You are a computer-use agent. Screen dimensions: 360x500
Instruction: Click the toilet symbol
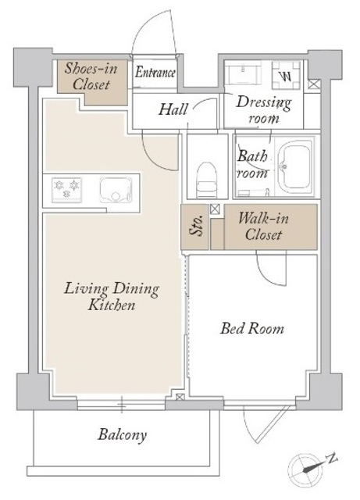pos(207,180)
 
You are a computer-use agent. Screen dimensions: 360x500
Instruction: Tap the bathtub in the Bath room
pos(294,165)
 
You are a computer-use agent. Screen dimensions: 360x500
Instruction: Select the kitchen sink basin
pos(116,190)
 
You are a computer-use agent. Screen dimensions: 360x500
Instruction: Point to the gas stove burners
pos(66,190)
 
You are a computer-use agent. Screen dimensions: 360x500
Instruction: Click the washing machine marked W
pos(286,75)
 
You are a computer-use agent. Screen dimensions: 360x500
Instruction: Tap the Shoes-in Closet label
pos(91,77)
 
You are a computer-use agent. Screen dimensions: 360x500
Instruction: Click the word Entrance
pos(155,73)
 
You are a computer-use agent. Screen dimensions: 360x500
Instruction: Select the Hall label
pos(173,109)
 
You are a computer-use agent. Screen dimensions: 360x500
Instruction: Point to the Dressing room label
pos(264,109)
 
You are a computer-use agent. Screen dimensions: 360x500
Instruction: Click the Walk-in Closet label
pos(263,227)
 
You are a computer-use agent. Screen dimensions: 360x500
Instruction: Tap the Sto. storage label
pos(195,226)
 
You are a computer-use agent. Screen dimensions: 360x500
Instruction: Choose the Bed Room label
pos(252,328)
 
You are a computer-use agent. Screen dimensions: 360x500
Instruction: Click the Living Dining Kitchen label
pos(112,297)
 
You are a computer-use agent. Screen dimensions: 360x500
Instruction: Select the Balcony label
pos(122,435)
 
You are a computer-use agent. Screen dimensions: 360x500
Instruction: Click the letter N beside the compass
pos(332,459)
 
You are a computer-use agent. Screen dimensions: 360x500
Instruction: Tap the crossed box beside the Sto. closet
pos(215,209)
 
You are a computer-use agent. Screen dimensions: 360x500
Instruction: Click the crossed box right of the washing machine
pos(313,84)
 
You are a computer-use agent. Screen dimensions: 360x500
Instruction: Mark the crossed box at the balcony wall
pos(180,397)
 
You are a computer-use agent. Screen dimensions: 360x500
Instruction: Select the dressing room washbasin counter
pos(243,73)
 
